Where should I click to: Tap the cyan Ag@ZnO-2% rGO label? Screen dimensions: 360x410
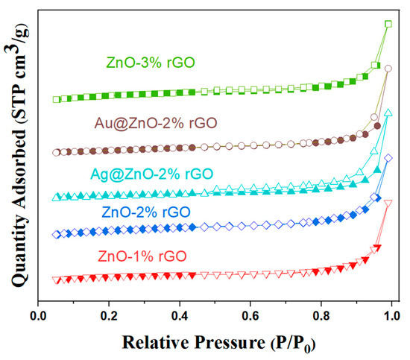[x=150, y=174]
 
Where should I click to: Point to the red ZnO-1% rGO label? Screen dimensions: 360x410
[x=142, y=257]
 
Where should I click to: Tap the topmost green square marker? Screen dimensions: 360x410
[x=388, y=24]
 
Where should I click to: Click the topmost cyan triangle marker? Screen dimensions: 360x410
[x=388, y=113]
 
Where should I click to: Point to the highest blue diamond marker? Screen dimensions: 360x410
[x=388, y=158]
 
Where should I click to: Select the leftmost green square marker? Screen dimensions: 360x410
[x=56, y=99]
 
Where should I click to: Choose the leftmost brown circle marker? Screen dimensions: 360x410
[x=56, y=152]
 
